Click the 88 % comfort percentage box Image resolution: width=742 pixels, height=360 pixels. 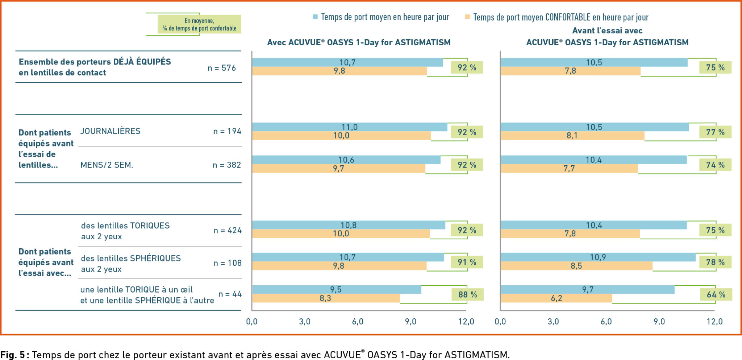tap(467, 294)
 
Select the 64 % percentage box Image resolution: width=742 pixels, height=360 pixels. tap(716, 294)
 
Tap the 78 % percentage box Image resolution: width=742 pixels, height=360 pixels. tap(715, 262)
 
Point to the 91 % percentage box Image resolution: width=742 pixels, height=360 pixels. tap(467, 262)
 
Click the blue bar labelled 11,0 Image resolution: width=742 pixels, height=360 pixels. tap(350, 127)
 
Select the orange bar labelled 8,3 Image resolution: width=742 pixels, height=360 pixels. tap(326, 298)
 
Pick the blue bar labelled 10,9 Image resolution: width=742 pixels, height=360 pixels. tap(598, 257)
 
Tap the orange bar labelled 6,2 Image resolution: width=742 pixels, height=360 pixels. tap(556, 298)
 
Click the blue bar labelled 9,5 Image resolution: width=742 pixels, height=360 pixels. tap(336, 289)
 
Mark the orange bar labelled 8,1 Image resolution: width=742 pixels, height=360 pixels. tap(572, 136)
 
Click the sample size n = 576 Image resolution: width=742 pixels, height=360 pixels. tap(221, 68)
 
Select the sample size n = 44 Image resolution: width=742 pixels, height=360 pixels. tap(230, 294)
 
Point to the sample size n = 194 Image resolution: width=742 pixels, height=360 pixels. tap(227, 131)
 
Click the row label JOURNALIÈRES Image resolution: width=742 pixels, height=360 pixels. tap(110, 131)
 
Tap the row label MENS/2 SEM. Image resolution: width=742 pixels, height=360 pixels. tap(107, 165)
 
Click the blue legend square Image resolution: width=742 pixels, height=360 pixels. tap(315, 17)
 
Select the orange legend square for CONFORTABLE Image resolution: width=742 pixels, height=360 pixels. tap(467, 17)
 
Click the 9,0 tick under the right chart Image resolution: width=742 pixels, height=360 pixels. tap(659, 322)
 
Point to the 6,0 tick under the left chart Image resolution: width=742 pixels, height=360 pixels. tap(358, 322)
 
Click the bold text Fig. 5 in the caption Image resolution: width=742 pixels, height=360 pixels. tap(12, 355)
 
